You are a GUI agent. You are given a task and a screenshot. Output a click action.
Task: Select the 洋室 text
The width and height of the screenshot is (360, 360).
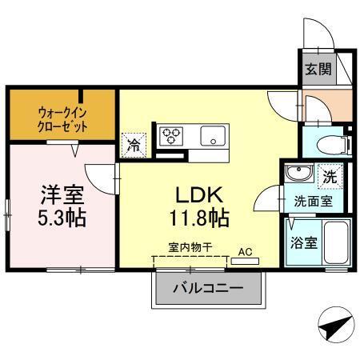tap(62, 194)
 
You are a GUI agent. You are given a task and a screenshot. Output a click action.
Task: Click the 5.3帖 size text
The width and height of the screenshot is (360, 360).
tap(62, 216)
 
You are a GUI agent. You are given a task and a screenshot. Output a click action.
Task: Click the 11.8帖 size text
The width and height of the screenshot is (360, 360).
tap(199, 217)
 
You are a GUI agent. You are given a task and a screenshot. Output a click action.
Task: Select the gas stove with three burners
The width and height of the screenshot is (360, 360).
tap(171, 136)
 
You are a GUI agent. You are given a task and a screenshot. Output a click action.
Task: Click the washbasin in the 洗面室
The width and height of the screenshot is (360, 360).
tap(298, 174)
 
